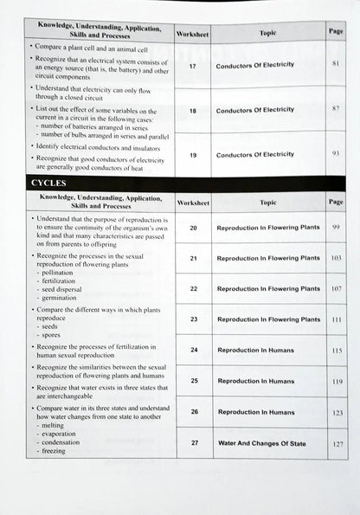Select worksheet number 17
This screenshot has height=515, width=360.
coord(193,64)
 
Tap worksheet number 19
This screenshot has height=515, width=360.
coord(193,154)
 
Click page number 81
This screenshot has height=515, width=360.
coord(336,64)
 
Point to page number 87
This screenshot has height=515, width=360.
coord(336,110)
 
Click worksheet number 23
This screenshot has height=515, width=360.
coord(193,319)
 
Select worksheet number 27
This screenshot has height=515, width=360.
coord(194,442)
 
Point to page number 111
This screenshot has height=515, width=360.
coord(337,319)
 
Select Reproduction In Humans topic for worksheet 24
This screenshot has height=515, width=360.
coord(256,351)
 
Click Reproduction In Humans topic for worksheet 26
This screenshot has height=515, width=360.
coord(256,412)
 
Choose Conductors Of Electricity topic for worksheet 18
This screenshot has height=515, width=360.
coord(254,110)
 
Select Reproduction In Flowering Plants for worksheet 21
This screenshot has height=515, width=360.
coord(268,258)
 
